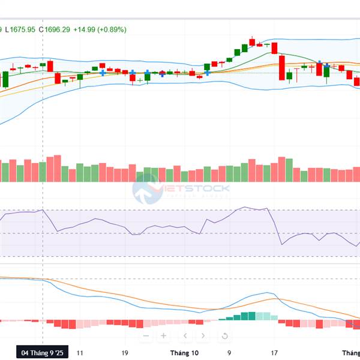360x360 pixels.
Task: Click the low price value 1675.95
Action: click(22, 29)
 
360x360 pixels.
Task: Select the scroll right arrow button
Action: click(203, 336)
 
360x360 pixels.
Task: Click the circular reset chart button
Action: click(224, 336)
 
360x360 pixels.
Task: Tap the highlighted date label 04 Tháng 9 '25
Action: click(41, 353)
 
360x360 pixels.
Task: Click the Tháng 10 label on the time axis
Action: click(184, 353)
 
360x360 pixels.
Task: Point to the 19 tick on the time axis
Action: click(125, 353)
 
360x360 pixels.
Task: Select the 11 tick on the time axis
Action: click(80, 353)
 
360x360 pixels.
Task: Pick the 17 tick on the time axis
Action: click(274, 353)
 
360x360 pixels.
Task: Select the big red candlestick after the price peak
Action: click(281, 67)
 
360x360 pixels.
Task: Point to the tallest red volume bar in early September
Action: click(58, 168)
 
